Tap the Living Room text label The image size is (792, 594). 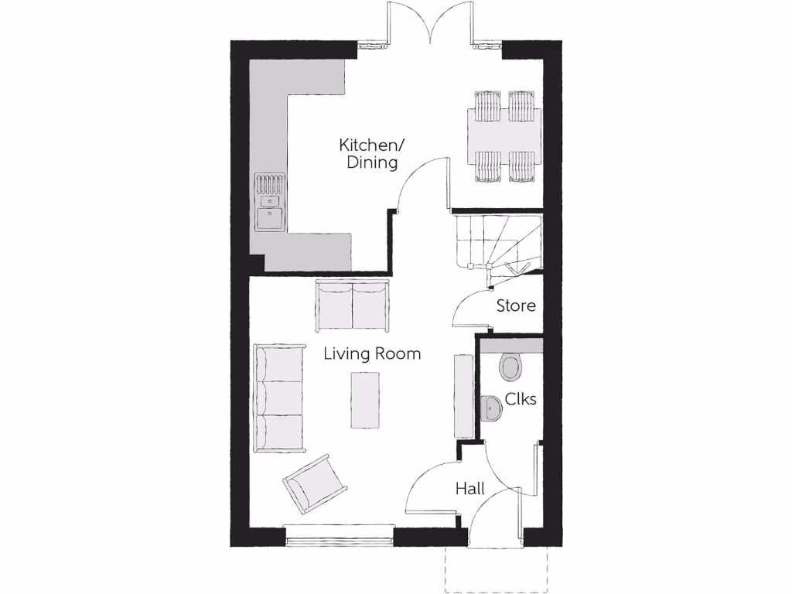pyautogui.click(x=372, y=354)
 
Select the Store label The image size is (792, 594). pyautogui.click(x=516, y=306)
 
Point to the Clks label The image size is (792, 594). pyautogui.click(x=521, y=399)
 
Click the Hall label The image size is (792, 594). pyautogui.click(x=469, y=489)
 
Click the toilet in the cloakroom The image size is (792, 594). pyautogui.click(x=511, y=367)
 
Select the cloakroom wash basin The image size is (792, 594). pyautogui.click(x=490, y=408)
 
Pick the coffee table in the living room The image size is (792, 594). pyautogui.click(x=365, y=400)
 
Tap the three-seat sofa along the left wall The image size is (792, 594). pyautogui.click(x=279, y=398)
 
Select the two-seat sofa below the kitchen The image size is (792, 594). pyautogui.click(x=352, y=306)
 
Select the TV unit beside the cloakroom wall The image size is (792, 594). pyautogui.click(x=463, y=394)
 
